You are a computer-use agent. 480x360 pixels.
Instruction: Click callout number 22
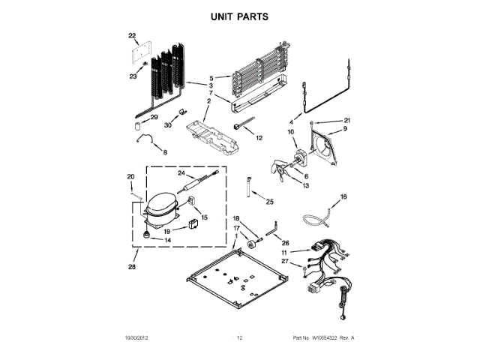132,35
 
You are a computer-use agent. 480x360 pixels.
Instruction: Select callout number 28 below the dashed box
133,267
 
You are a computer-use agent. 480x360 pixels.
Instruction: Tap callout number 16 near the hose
344,197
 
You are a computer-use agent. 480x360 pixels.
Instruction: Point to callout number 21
347,121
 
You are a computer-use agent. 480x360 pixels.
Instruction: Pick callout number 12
259,138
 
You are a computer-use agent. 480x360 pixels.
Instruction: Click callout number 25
270,202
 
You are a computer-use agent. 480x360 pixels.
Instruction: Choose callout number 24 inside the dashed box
181,173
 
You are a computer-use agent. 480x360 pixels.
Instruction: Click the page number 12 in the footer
240,338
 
